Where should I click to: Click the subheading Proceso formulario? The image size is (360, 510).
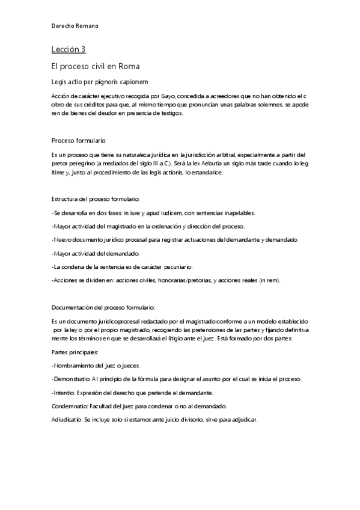click(79, 140)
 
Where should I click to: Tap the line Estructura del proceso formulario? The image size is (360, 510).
click(96, 198)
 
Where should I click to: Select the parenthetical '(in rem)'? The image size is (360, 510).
click(267, 280)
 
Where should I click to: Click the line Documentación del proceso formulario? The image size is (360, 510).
click(103, 307)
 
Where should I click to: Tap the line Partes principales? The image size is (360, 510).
click(76, 352)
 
